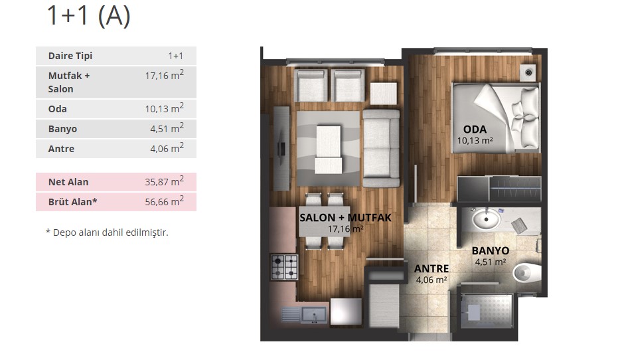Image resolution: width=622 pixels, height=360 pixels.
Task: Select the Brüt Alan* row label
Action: (x=72, y=202)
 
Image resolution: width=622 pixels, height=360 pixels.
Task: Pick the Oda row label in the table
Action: (x=58, y=109)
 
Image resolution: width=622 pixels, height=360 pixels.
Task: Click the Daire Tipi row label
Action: (x=70, y=56)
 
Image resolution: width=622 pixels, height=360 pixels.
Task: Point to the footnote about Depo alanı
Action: (x=107, y=232)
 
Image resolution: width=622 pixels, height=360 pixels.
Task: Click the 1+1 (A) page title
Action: (x=88, y=15)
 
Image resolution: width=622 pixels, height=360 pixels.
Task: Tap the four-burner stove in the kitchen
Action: (x=284, y=267)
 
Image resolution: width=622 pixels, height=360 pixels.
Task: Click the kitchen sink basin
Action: (x=314, y=315)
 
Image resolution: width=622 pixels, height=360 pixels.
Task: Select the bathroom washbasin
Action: (x=487, y=219)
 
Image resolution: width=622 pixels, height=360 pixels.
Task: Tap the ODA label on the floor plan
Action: (x=475, y=130)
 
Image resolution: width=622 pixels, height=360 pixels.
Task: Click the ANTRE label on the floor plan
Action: (x=431, y=269)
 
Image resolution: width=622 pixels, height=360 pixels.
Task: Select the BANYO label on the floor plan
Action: (x=491, y=251)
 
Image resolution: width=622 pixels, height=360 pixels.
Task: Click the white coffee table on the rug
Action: (x=329, y=149)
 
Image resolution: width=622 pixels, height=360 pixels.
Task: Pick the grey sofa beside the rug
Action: (x=381, y=148)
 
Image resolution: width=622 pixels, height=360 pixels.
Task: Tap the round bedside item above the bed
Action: (x=528, y=72)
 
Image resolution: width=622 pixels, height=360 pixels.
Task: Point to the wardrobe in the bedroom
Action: (x=499, y=189)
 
